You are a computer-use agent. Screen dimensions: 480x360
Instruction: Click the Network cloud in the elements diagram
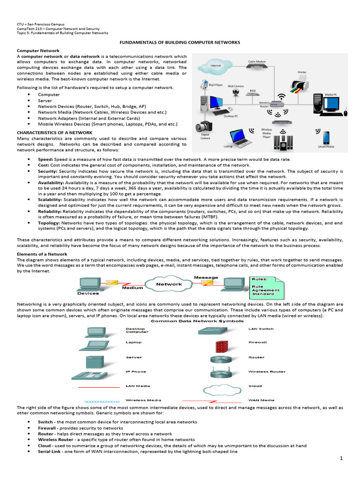tap(169, 284)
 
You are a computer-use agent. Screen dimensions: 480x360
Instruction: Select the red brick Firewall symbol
tap(221, 346)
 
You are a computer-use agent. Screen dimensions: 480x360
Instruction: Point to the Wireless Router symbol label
tap(266, 371)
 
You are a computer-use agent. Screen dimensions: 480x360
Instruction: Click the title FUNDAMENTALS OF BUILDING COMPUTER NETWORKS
tap(180, 42)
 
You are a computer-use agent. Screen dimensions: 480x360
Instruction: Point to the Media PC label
tap(331, 95)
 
